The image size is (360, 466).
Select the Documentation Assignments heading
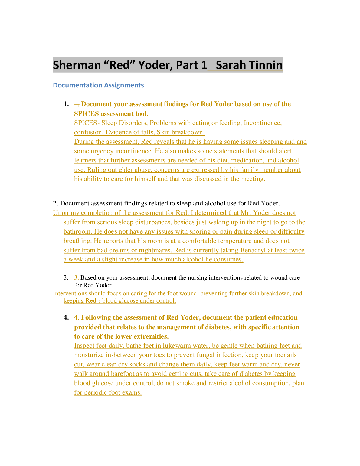98,85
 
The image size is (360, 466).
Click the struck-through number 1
77,104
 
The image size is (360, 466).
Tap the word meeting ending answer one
253,179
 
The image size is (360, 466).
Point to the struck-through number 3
77,277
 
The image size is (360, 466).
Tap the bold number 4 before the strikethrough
66,317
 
